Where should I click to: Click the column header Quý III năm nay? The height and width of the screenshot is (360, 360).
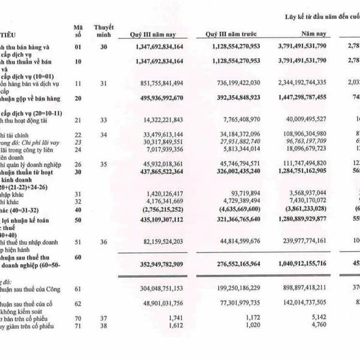click(x=152, y=35)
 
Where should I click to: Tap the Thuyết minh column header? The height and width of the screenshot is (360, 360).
click(x=104, y=31)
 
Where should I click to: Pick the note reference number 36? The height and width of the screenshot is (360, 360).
click(x=104, y=242)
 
